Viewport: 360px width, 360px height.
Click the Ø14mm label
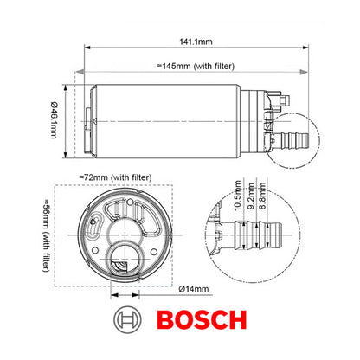pos(198,288)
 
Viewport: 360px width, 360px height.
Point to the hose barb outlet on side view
pos(299,138)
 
